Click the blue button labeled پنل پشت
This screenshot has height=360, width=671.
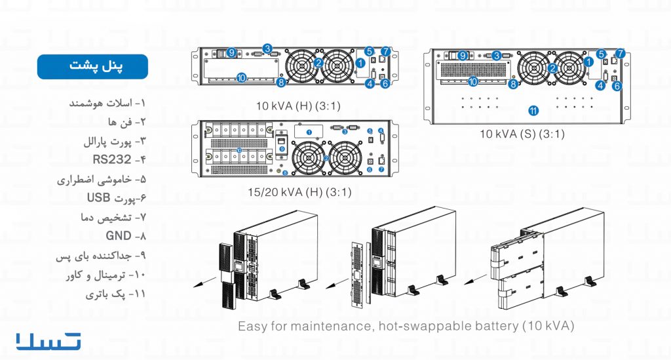point(92,67)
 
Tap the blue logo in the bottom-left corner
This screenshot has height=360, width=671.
point(48,341)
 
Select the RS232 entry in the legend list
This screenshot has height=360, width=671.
point(119,159)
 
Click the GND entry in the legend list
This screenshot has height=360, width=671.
point(125,236)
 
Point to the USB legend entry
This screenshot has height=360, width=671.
point(117,198)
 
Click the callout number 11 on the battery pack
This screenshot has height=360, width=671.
point(533,111)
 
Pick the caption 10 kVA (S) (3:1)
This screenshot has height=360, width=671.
point(522,134)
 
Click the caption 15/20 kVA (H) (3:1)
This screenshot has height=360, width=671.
point(299,191)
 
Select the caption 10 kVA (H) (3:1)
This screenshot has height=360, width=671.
point(298,106)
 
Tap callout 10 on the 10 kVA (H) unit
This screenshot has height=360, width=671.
point(241,78)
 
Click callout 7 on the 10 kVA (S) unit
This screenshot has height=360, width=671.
point(620,54)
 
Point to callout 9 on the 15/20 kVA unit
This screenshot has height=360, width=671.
point(282,149)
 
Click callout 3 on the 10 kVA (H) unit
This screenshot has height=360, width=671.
point(267,49)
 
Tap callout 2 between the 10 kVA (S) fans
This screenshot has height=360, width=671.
point(552,68)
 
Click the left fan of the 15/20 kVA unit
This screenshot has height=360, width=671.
point(308,157)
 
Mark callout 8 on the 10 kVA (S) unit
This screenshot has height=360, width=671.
point(513,85)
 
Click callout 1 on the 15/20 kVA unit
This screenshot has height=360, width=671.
point(309,132)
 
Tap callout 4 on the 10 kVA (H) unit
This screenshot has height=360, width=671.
point(370,84)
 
